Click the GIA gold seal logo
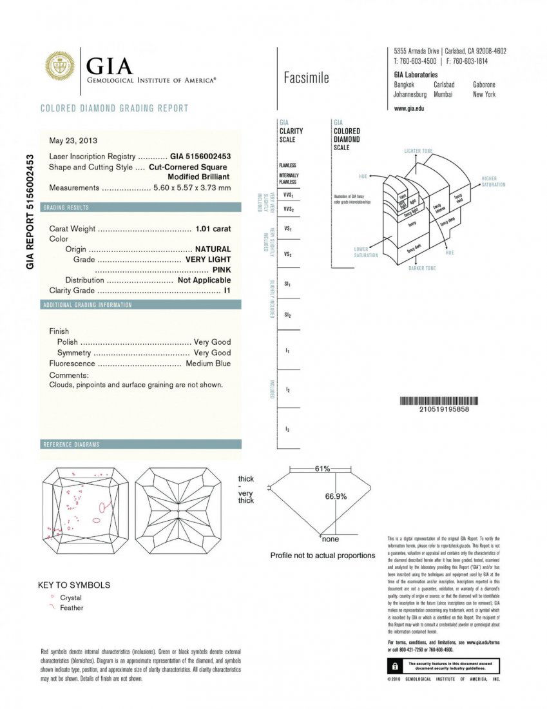click(x=59, y=66)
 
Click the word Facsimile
click(x=306, y=78)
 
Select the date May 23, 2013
click(x=73, y=140)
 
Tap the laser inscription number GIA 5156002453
click(x=200, y=156)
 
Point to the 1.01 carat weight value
click(x=213, y=228)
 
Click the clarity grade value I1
click(x=227, y=291)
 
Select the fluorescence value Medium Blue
click(x=208, y=364)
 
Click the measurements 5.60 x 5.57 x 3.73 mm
click(x=191, y=188)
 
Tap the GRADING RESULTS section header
click(x=66, y=208)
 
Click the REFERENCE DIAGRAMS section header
click(x=71, y=445)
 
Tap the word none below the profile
click(x=330, y=539)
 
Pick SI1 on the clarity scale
click(x=288, y=284)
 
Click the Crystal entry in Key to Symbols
click(x=70, y=597)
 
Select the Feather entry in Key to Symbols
click(x=71, y=608)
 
